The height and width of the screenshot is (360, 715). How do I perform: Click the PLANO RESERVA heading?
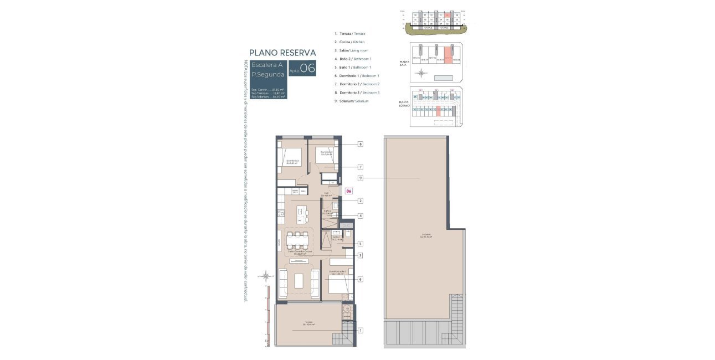coord(282,53)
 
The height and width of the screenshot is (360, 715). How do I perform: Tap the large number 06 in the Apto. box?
coord(307,69)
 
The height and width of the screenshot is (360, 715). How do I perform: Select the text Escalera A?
coord(267,65)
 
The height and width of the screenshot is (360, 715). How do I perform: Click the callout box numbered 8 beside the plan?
coord(360,144)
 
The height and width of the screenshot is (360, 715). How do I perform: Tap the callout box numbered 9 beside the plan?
coord(360,178)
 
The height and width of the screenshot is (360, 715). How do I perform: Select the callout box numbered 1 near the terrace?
coord(360,331)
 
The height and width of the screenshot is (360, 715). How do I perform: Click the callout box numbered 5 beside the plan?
coord(360,243)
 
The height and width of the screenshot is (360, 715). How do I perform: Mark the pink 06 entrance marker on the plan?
coord(348,191)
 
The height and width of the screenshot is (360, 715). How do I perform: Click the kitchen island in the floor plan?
coord(300,214)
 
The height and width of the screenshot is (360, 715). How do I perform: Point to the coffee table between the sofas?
coord(299,281)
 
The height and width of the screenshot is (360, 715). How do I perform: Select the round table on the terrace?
coord(347,309)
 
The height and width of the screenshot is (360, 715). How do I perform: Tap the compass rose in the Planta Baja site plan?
coord(423,73)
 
